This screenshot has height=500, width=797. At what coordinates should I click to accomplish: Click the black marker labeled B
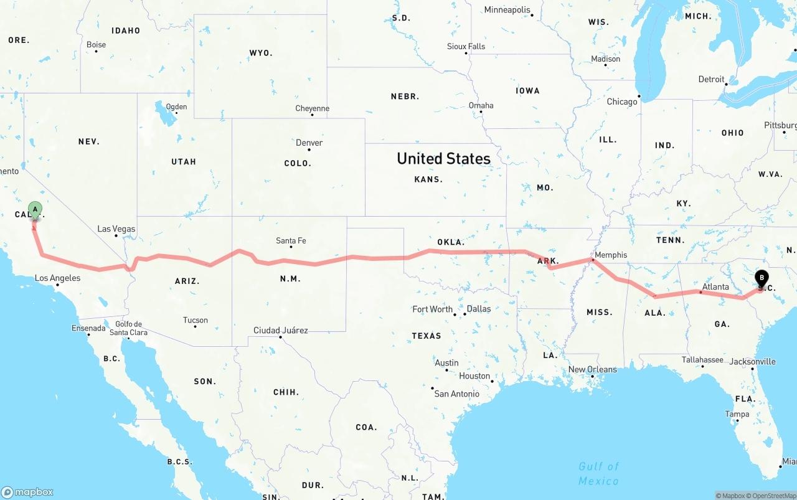(762, 278)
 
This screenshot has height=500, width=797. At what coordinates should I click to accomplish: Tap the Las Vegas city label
(116, 229)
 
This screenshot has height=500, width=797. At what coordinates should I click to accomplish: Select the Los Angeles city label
(57, 278)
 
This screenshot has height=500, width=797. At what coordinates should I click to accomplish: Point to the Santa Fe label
(291, 241)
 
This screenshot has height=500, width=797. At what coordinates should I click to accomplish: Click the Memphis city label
(611, 255)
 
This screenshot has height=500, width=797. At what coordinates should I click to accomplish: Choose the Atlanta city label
(715, 287)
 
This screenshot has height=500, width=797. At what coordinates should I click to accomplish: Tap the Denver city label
(309, 143)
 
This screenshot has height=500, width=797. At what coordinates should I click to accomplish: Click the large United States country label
(443, 159)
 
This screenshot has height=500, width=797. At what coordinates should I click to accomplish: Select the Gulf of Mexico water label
(598, 473)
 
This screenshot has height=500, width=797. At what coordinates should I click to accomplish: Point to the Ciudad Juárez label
(280, 330)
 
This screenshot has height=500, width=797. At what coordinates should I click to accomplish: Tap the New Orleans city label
(592, 369)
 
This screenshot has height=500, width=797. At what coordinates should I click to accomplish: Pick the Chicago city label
(622, 101)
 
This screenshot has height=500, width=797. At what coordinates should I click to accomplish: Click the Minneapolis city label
(507, 10)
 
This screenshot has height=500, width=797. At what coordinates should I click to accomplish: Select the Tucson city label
(196, 320)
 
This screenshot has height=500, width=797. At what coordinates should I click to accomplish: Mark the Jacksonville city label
(752, 361)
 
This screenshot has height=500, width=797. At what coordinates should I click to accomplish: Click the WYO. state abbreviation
(260, 53)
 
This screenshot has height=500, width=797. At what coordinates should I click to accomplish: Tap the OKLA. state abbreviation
(450, 242)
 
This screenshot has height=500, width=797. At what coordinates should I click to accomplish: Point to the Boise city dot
(97, 51)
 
